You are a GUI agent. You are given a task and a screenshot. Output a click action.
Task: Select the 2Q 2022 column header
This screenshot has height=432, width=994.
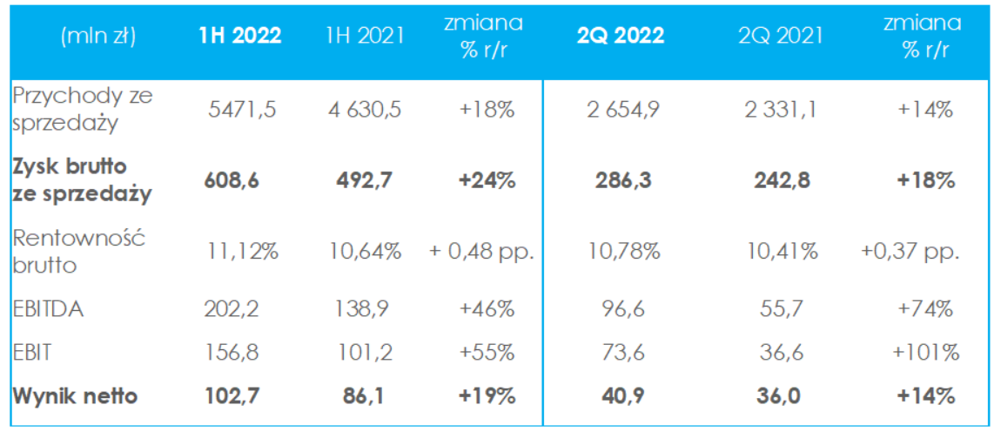[621, 36]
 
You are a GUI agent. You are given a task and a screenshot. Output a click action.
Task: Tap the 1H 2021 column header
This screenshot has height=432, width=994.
[366, 36]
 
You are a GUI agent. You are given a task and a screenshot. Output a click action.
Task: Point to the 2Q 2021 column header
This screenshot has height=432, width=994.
[780, 36]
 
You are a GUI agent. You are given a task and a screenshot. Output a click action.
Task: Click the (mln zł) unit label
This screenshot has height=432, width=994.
[99, 36]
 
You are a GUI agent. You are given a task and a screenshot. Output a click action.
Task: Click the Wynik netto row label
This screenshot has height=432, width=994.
[75, 395]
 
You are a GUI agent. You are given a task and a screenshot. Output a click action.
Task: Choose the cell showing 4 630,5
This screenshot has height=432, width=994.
[366, 111]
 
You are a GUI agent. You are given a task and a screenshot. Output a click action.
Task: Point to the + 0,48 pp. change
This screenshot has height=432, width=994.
[480, 253]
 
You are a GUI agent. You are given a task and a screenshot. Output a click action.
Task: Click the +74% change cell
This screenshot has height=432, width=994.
[928, 308]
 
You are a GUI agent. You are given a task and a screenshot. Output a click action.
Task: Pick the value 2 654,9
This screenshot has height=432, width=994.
[621, 111]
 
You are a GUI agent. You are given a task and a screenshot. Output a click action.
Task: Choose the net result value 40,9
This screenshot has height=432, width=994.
[621, 395]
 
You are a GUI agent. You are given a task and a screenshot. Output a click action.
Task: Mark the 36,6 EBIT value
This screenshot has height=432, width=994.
[780, 352]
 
